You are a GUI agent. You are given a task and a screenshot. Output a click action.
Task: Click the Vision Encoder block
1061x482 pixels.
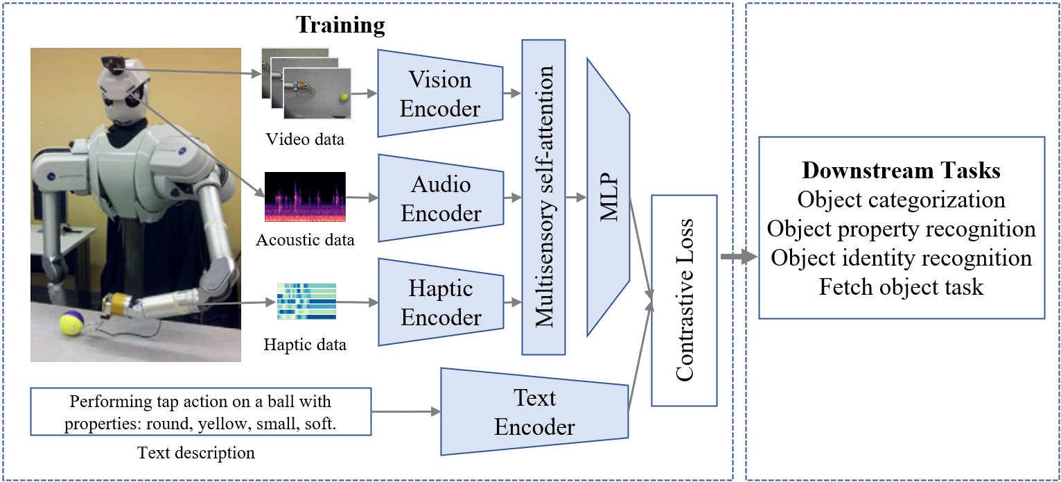[x=440, y=94]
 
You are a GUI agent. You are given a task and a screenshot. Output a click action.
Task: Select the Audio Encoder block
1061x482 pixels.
[x=441, y=198]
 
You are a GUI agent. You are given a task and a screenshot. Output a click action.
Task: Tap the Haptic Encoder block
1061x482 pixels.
[x=441, y=302]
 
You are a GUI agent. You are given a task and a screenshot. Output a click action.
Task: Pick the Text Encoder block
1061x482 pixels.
[x=534, y=411]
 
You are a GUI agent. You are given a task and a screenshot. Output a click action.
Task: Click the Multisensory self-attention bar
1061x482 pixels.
[x=543, y=197]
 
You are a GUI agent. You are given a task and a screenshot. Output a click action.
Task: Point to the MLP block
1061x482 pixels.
[x=608, y=197]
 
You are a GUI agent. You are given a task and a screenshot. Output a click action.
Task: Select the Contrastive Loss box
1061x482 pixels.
[x=684, y=300]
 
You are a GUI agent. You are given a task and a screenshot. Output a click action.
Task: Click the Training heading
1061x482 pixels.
[x=340, y=25]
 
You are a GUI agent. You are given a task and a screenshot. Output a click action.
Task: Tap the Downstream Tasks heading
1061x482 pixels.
[x=901, y=170]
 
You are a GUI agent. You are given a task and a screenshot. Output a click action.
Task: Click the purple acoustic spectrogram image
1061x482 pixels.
[x=305, y=197]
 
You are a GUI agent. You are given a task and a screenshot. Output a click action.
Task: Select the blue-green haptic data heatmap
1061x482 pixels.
[x=306, y=302]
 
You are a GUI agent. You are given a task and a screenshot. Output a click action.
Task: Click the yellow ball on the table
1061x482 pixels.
[x=71, y=323]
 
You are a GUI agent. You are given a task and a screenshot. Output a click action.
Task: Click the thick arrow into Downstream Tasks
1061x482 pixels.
[x=739, y=257]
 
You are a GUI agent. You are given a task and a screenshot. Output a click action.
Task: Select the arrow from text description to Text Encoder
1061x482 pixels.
[x=406, y=411]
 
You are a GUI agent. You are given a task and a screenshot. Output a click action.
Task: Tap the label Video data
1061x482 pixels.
[x=305, y=139]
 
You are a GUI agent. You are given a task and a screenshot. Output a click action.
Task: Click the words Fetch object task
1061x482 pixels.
[x=901, y=286]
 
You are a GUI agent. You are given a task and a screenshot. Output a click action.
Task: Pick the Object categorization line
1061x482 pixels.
[x=901, y=200]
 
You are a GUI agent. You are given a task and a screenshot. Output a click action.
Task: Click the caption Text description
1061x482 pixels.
[x=196, y=453]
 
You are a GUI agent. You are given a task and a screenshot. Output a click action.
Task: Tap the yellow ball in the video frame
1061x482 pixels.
[x=344, y=97]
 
